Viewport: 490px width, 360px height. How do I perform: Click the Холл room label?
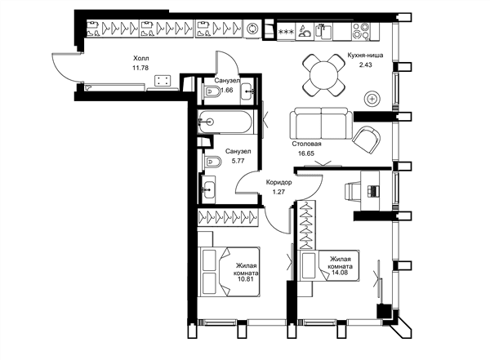(141, 58)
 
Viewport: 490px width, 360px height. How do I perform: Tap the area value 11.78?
(140, 68)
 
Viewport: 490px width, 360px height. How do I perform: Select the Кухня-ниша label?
(365, 56)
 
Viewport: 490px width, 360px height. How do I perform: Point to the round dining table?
(323, 75)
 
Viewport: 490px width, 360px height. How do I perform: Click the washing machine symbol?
(251, 29)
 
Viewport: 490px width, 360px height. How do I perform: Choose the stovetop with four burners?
(361, 31)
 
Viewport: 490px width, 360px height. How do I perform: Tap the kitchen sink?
(323, 31)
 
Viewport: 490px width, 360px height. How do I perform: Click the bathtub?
(225, 122)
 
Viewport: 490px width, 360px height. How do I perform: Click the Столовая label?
(306, 144)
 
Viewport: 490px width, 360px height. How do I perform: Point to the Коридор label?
(278, 182)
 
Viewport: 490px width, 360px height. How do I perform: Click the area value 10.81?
(246, 279)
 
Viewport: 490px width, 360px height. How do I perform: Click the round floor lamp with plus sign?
(372, 99)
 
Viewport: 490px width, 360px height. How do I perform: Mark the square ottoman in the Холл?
(163, 80)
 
